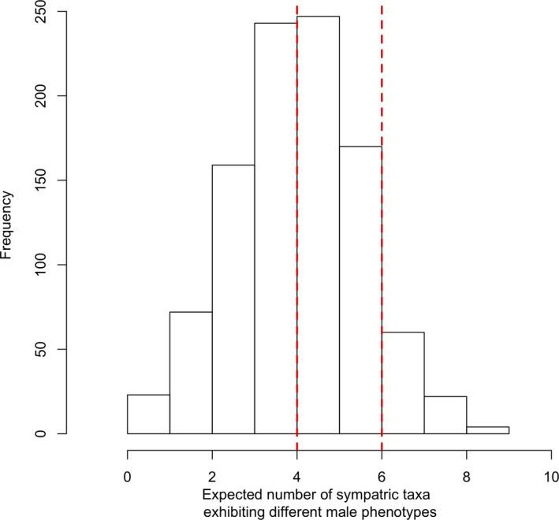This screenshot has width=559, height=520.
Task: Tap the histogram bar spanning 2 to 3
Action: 233,299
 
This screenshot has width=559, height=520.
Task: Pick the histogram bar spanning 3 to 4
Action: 275,228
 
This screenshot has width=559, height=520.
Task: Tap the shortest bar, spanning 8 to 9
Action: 488,430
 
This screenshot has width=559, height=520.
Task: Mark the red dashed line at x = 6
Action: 382,79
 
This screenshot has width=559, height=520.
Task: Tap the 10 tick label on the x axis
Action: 551,476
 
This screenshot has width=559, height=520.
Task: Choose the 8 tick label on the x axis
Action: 467,476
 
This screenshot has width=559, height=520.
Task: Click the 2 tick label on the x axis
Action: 212,476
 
